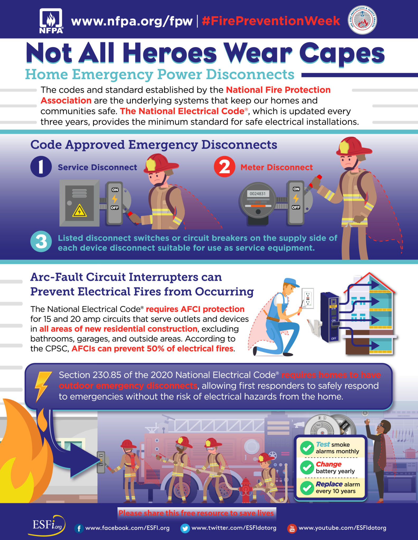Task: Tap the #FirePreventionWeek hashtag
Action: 271,21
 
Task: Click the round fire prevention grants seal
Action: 362,20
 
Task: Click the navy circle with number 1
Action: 41,167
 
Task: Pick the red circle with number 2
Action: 224,167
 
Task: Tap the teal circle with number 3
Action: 41,241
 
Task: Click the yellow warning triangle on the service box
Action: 79,211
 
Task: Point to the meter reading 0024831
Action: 257,194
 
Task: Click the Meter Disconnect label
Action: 276,167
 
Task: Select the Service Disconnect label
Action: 97,167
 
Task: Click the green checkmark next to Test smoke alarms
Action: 307,448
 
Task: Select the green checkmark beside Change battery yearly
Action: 307,467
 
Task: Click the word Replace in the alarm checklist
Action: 329,484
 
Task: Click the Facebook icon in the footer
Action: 79,528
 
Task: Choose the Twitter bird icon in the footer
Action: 185,528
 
